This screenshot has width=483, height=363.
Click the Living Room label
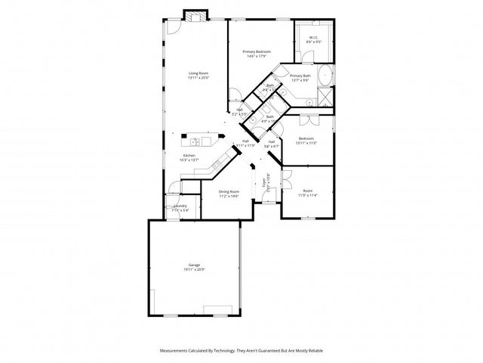pos(198,73)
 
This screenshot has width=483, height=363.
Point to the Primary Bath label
pos(300,76)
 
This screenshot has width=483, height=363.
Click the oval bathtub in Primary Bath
pos(325,76)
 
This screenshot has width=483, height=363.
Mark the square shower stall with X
pos(325,95)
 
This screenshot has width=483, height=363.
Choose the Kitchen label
pos(189,156)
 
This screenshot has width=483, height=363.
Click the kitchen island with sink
pos(199,140)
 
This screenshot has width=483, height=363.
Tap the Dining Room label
pos(229,191)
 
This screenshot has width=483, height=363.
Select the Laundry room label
pos(180,206)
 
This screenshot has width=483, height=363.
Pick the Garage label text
pos(195,265)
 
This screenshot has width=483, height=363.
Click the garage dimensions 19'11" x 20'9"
pos(195,269)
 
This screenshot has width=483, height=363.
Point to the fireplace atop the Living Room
pos(195,16)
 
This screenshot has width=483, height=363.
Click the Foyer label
pos(265,182)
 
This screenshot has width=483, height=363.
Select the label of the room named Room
pos(308,190)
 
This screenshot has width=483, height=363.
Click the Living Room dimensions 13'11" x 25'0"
pos(198,77)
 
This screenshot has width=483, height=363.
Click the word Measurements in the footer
pos(176,351)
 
